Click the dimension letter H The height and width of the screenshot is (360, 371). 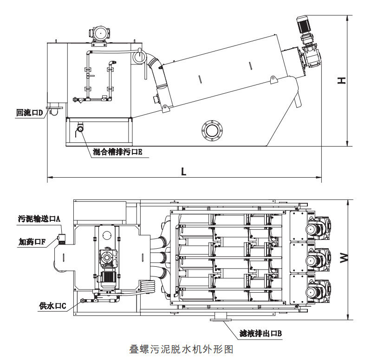(342, 80)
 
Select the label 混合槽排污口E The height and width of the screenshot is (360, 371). (117, 152)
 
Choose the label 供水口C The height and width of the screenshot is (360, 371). (53, 306)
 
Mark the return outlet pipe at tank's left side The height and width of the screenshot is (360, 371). (54, 109)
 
